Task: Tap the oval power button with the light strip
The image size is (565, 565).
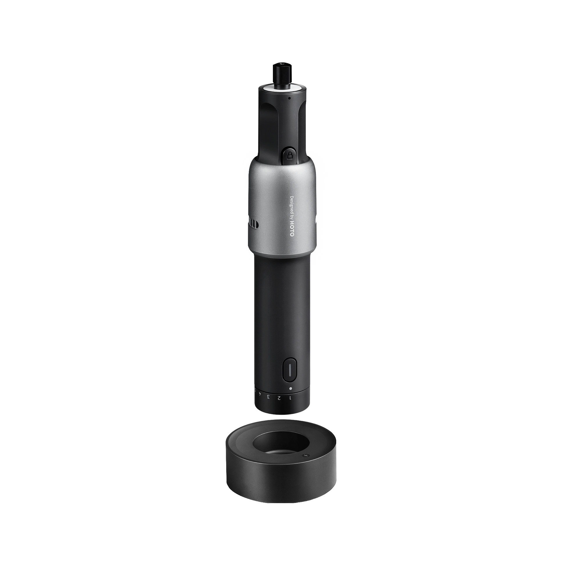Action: coord(290,371)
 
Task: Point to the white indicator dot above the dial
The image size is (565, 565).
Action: coord(290,389)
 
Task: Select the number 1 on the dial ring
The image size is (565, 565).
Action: coord(290,398)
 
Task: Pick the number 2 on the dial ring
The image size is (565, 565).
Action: coord(279,398)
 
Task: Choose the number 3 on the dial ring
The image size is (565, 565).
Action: coord(268,397)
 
